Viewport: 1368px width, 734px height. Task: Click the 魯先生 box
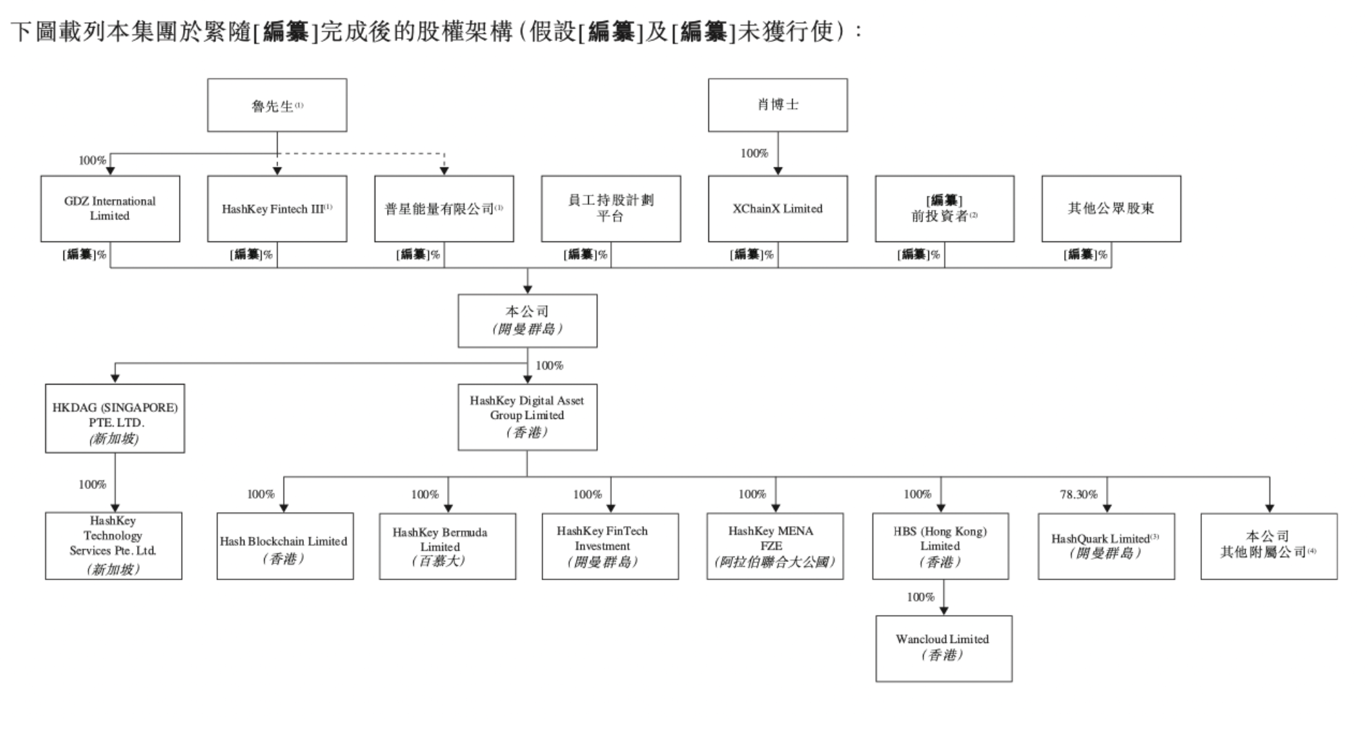(277, 105)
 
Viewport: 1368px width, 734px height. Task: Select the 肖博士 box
(777, 105)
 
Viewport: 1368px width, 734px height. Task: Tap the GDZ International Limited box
(110, 208)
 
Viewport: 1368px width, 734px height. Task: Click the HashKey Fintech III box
(277, 208)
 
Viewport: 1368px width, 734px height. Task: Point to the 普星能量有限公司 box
(444, 208)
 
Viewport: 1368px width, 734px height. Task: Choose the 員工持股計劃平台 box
(610, 208)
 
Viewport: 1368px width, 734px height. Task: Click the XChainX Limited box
(777, 208)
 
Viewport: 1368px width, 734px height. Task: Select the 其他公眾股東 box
(1111, 208)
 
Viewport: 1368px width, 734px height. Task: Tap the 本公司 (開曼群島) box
(527, 320)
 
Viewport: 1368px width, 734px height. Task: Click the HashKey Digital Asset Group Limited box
(527, 417)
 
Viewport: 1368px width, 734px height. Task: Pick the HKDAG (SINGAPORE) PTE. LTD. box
(115, 418)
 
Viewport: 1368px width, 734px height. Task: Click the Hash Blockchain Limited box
(284, 546)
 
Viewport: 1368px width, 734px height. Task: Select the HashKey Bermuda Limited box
(447, 546)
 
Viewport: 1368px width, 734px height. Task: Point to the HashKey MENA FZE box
(774, 546)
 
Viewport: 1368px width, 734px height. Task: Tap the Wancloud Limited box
(943, 648)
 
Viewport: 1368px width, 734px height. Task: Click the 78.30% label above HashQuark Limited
(1078, 495)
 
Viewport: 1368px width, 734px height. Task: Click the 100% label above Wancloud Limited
(920, 597)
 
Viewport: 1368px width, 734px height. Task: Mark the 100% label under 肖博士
(754, 154)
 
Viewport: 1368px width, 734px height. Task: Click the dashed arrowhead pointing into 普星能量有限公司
(444, 171)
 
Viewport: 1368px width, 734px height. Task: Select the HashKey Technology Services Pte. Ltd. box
(113, 545)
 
